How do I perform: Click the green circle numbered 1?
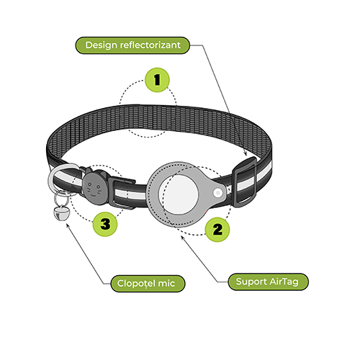(x=157, y=80)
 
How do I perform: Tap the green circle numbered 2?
(x=217, y=230)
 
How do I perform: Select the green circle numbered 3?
(x=105, y=224)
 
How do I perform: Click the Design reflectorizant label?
(x=132, y=45)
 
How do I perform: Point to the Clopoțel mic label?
(x=148, y=284)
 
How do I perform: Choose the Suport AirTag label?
(x=268, y=282)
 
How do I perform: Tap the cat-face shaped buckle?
(x=94, y=188)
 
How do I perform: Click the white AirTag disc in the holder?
(x=179, y=194)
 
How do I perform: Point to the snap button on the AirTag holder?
(x=218, y=192)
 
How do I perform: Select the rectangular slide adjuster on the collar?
(x=244, y=182)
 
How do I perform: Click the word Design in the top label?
(x=101, y=45)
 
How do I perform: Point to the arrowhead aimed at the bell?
(x=68, y=225)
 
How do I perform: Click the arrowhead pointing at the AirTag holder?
(x=183, y=238)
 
